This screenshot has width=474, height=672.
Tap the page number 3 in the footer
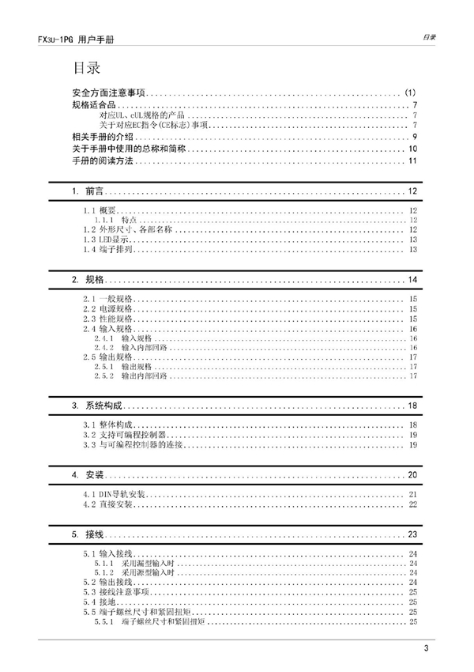coord(425,650)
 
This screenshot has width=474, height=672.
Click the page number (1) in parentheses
coord(410,92)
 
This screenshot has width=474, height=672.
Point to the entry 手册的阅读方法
coord(103,161)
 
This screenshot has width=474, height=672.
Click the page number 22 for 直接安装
coord(412,504)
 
